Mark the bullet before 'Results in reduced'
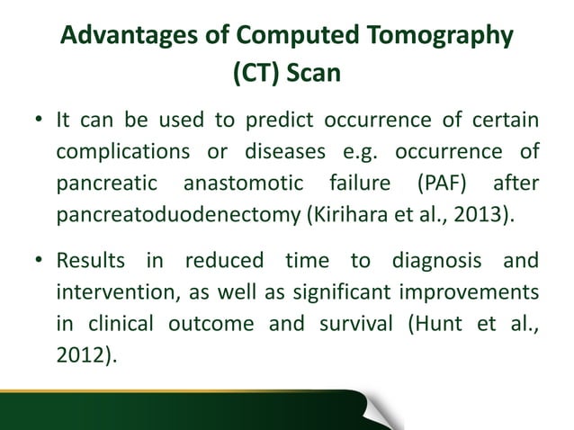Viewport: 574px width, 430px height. pos(36,264)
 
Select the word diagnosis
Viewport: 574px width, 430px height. pos(440,264)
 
